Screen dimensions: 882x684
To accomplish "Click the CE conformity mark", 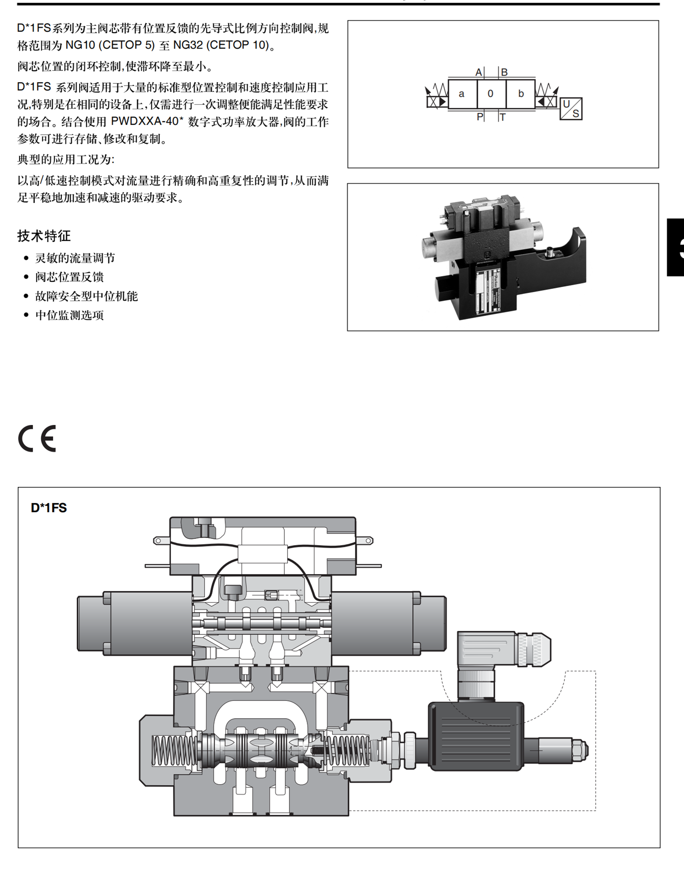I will point(37,438).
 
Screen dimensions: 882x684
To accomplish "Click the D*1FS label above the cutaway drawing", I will point(49,508).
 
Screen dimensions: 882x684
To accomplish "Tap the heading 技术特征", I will point(44,236).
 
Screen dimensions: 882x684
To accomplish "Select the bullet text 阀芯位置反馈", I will point(69,277).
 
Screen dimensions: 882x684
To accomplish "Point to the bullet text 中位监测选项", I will point(69,315).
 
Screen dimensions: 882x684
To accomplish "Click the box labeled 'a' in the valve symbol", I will point(462,94).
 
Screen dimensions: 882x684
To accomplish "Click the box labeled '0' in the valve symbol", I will point(491,94).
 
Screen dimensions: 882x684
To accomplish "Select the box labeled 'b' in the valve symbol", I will point(521,94).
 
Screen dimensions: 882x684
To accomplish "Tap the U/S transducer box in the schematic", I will point(571,109).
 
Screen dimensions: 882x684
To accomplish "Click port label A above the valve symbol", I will point(479,72).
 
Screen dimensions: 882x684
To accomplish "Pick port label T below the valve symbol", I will point(503,117).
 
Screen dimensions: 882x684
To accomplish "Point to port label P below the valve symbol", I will point(480,117).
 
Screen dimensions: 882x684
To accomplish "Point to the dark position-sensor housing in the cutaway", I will point(476,737).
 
